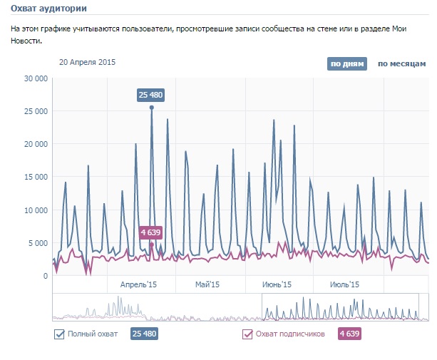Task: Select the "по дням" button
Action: click(347, 63)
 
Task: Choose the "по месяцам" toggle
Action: click(402, 63)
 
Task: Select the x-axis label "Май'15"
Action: click(210, 284)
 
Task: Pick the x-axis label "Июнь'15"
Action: click(277, 284)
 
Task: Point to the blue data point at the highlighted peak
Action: click(152, 108)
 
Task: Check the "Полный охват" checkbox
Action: click(60, 334)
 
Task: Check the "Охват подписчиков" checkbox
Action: click(248, 334)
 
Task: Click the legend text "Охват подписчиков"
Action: click(290, 334)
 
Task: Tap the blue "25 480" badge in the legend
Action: click(143, 334)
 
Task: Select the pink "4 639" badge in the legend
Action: click(349, 334)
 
